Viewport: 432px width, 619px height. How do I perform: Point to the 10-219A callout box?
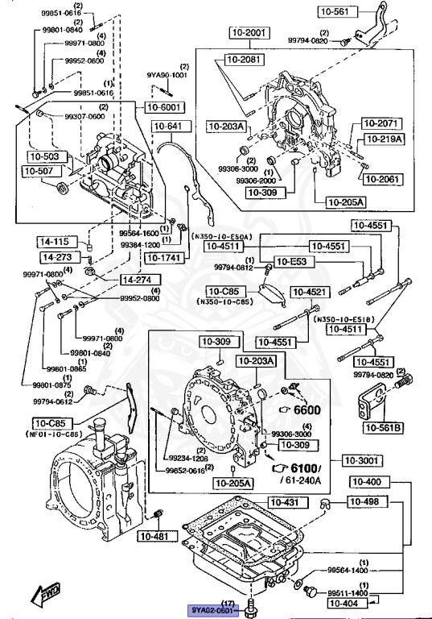[x=381, y=139]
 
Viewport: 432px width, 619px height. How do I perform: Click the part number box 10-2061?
[x=379, y=178]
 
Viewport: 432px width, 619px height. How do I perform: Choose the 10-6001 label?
[x=164, y=106]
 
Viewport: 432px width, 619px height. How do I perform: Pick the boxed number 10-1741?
[x=164, y=258]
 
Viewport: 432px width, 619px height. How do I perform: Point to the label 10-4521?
[x=310, y=292]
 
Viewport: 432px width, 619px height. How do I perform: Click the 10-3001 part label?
[x=361, y=460]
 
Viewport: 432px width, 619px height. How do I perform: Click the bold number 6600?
[x=306, y=409]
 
